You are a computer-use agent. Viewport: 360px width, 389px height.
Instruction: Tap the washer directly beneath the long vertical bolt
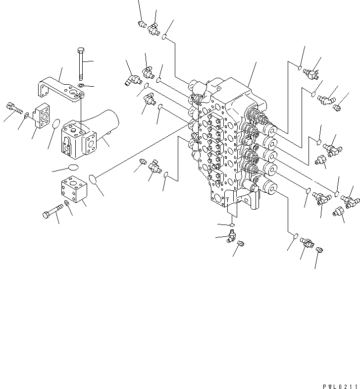[x=81, y=86]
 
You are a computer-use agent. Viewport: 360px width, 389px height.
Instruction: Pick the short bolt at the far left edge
[x=12, y=107]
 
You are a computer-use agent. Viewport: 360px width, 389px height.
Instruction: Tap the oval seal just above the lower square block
[x=72, y=167]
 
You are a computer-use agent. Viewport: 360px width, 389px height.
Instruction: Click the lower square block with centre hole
[x=73, y=189]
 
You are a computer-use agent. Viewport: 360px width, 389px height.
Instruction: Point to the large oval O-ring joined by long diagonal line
[x=93, y=177]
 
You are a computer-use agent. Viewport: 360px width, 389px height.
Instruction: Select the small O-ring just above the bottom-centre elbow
[x=231, y=224]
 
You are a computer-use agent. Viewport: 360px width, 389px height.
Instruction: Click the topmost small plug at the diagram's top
[x=141, y=23]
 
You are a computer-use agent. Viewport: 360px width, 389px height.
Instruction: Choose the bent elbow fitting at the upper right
[x=326, y=100]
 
